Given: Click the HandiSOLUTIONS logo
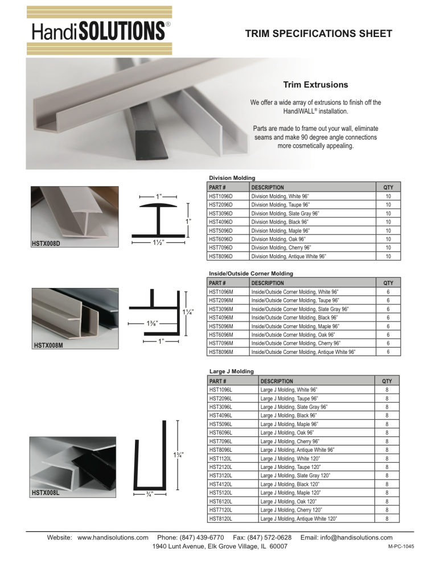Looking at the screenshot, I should [x=100, y=31].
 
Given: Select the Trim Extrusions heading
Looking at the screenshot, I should [x=315, y=85].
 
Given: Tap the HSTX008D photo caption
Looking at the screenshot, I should [x=46, y=245].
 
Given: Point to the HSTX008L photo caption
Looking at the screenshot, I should [x=46, y=492].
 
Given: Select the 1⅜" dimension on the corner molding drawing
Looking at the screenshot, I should [x=152, y=324].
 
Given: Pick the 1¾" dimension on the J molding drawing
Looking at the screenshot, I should [x=178, y=455].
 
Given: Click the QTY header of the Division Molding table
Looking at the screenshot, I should [x=388, y=187].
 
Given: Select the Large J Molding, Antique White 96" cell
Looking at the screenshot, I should [x=296, y=449].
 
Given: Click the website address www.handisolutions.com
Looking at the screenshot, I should [x=113, y=538].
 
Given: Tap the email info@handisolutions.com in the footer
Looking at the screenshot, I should [x=356, y=538].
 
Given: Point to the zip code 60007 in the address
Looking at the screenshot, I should [x=278, y=546].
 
